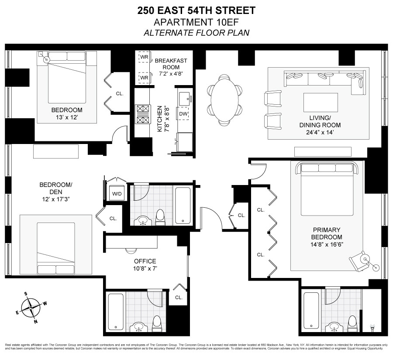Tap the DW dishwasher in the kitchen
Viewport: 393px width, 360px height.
(x=183, y=113)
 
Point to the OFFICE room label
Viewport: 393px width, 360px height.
(x=145, y=261)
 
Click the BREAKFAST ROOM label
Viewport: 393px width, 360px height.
(x=171, y=64)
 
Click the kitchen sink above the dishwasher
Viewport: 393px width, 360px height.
(x=184, y=97)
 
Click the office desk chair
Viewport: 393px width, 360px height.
(x=131, y=250)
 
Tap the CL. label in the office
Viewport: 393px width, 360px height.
(x=178, y=297)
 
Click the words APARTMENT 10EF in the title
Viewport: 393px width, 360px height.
(x=196, y=22)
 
